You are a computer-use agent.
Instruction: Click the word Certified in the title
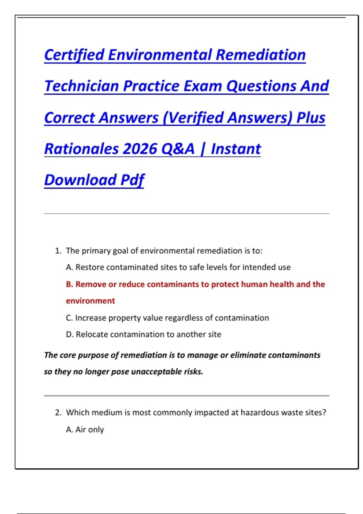[x=74, y=55]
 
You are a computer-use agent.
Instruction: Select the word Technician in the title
[x=82, y=86]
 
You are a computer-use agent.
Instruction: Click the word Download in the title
[x=80, y=180]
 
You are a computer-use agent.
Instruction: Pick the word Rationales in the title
[x=81, y=149]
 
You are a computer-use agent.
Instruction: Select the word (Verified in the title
[x=193, y=118]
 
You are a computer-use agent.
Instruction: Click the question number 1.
[x=58, y=251]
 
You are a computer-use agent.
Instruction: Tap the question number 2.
[x=58, y=413]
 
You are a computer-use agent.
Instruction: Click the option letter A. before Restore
[x=69, y=267]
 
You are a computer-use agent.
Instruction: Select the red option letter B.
[x=69, y=284]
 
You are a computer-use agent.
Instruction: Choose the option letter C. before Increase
[x=69, y=318]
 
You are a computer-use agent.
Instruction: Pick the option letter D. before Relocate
[x=70, y=335]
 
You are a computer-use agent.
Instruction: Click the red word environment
[x=90, y=301]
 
